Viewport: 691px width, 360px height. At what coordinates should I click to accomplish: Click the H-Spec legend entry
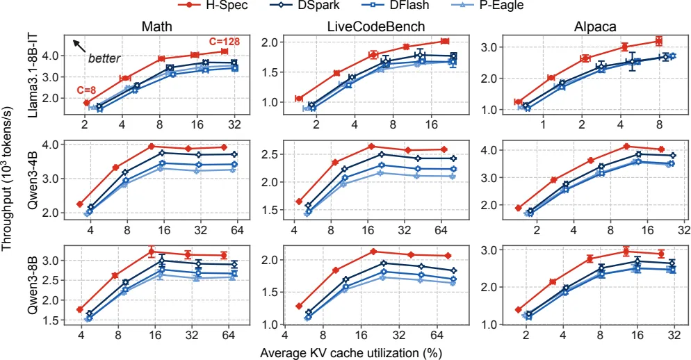tap(213, 6)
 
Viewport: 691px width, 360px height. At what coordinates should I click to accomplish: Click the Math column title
tap(156, 27)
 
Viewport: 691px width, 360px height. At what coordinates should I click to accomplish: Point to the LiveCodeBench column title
tap(376, 27)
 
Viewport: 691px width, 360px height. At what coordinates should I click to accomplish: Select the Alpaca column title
tap(595, 27)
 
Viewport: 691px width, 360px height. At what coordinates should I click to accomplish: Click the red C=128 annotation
tap(224, 42)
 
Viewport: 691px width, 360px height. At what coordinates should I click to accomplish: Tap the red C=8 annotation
tap(86, 90)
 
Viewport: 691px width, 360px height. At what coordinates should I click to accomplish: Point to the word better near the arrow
tap(104, 58)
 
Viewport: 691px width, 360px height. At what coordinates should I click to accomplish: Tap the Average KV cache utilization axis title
tap(351, 353)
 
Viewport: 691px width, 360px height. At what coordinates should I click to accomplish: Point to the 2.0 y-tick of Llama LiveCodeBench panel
tap(271, 42)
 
